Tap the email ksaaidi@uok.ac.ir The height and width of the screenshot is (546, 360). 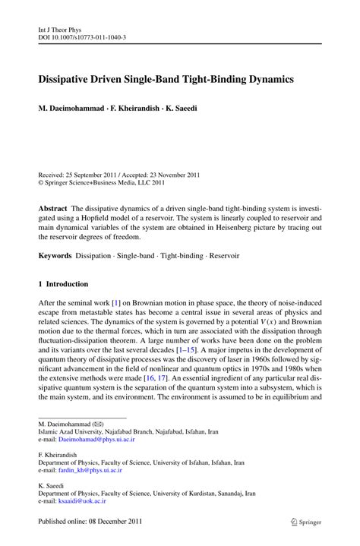point(86,502)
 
